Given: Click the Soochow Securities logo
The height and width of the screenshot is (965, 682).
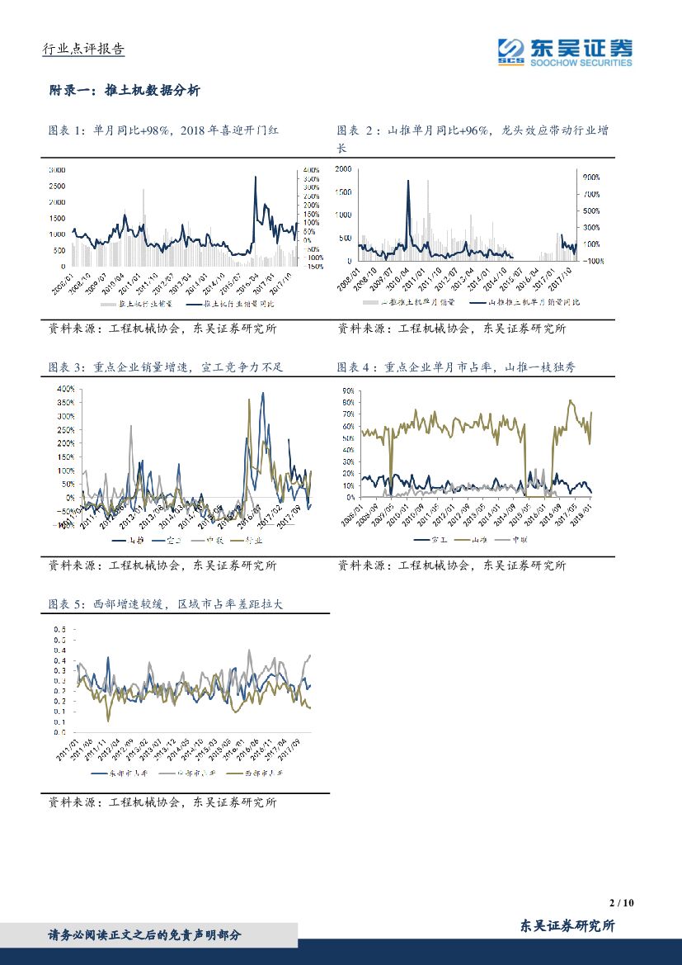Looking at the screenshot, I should tap(565, 51).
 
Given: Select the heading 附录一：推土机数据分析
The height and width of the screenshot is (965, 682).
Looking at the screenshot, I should tap(125, 91).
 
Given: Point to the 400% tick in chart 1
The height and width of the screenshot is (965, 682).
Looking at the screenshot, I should tap(311, 169).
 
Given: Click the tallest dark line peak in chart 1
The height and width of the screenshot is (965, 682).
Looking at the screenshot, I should tap(255, 177).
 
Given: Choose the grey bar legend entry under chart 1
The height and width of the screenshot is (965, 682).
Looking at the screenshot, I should tap(137, 304).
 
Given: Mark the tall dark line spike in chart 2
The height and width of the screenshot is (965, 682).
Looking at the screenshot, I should tap(407, 181).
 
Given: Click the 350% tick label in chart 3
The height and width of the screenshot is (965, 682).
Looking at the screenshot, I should tap(64, 402).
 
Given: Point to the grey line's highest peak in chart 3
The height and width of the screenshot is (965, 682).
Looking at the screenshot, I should tap(130, 427).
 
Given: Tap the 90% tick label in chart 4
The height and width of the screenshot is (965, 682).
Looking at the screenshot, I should tap(347, 390).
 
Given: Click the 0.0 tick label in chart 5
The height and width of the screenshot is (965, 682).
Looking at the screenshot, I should tap(59, 732).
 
